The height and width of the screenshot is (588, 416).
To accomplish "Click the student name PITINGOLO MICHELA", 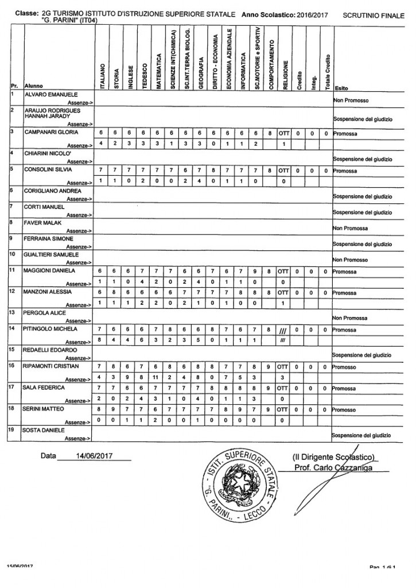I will click(49, 329).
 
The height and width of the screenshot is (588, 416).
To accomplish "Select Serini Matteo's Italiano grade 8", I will click(101, 410).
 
